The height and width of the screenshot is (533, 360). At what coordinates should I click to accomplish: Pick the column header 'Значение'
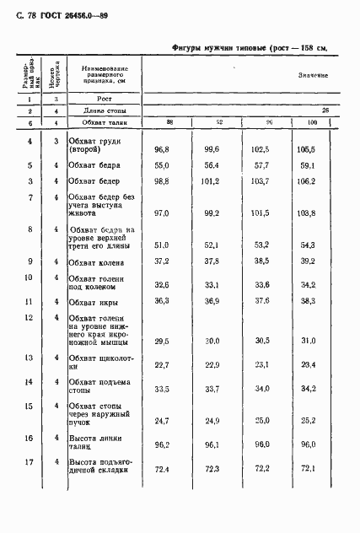313,75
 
